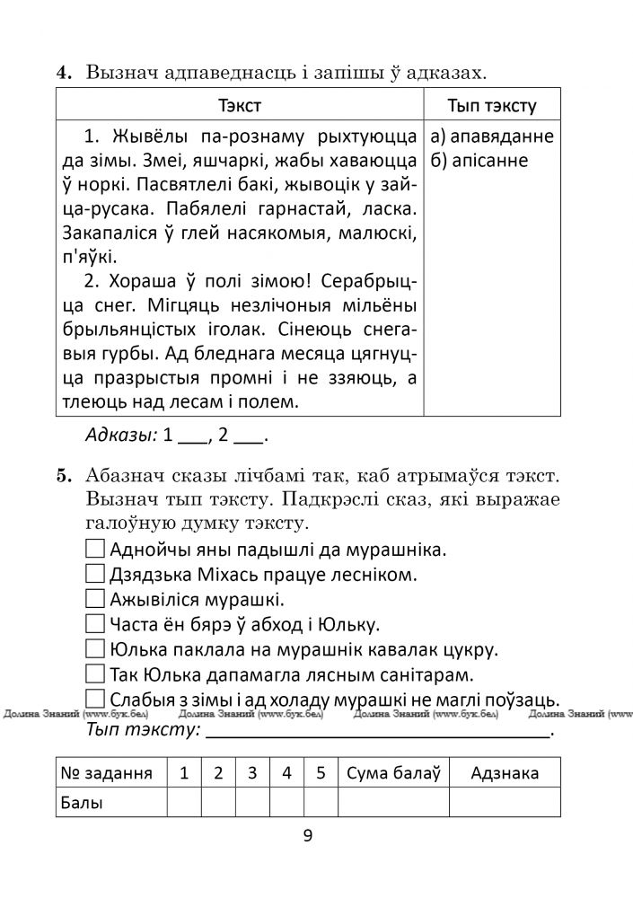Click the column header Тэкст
click(x=239, y=106)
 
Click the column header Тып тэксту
click(x=491, y=106)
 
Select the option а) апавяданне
click(x=492, y=137)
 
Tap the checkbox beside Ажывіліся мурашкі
click(x=95, y=598)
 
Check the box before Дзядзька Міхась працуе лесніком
click(x=95, y=573)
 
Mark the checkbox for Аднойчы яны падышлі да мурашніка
click(x=95, y=548)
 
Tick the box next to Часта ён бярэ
click(x=95, y=623)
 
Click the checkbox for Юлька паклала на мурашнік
click(x=95, y=648)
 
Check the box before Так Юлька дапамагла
click(x=95, y=673)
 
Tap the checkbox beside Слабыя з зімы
click(x=95, y=699)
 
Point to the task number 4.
click(x=65, y=74)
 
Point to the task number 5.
click(x=65, y=474)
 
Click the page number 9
click(x=308, y=837)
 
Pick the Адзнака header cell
click(x=505, y=772)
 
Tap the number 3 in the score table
click(x=252, y=772)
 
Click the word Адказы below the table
click(x=119, y=436)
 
